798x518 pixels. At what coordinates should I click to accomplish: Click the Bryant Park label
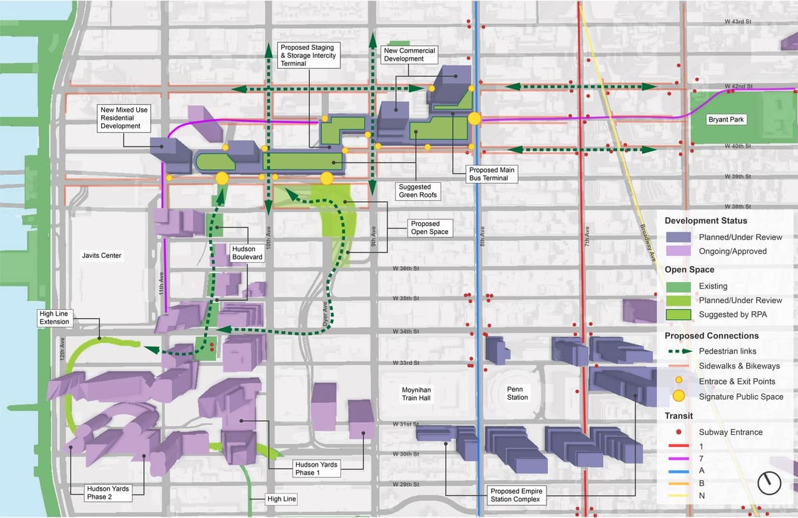tap(726, 120)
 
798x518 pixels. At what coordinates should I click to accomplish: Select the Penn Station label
tap(517, 393)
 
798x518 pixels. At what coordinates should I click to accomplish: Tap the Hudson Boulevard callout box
tap(247, 254)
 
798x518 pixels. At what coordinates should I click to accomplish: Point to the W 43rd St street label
tap(738, 22)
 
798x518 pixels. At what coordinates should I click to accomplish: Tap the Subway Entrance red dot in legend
tap(679, 432)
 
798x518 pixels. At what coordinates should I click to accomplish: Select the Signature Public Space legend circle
tap(679, 396)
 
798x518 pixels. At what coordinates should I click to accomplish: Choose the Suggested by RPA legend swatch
tap(679, 315)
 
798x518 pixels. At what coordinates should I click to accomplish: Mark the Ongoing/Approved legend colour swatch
tap(679, 251)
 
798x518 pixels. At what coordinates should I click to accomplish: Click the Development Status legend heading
tap(706, 221)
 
